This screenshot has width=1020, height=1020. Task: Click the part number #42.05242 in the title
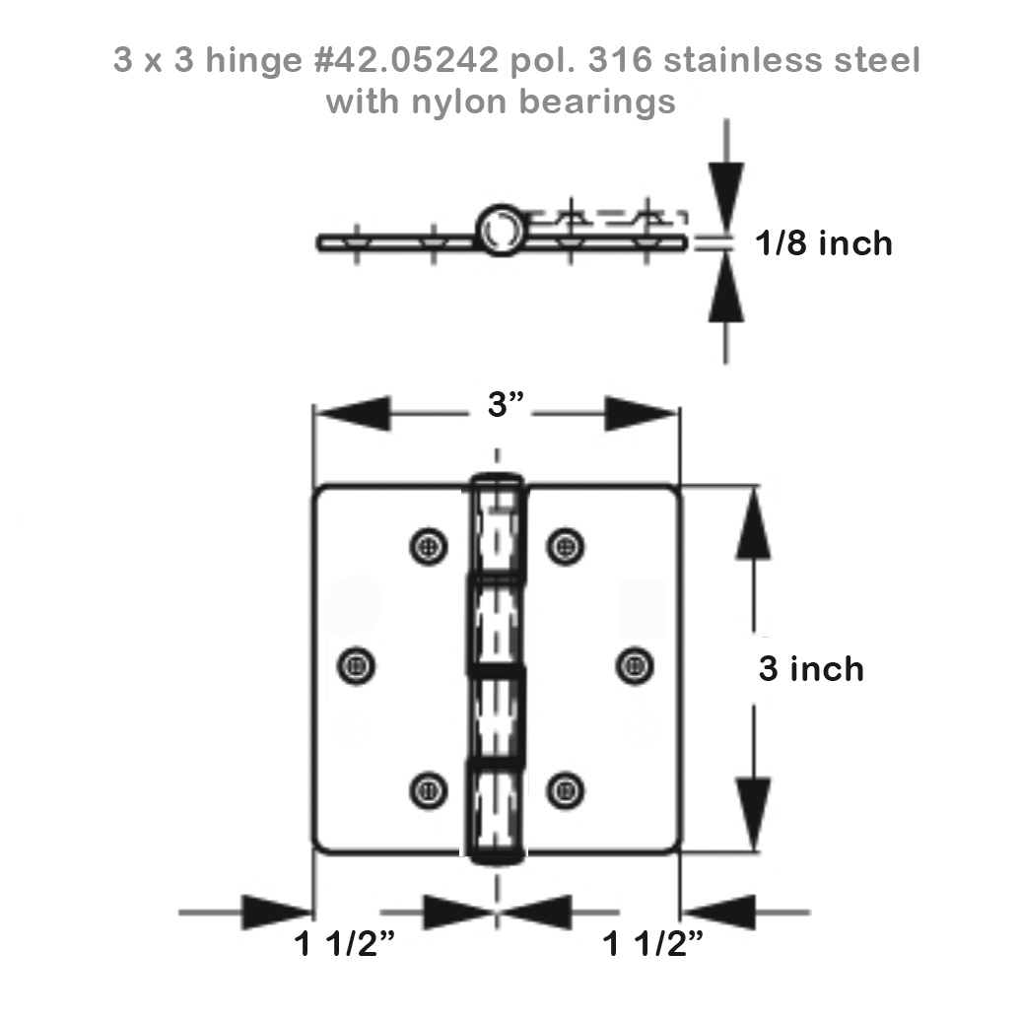click(407, 60)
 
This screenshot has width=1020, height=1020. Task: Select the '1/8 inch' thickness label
click(824, 243)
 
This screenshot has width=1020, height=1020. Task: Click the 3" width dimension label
click(506, 405)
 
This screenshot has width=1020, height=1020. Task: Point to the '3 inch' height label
click(811, 669)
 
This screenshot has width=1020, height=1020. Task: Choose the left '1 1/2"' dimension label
click(344, 944)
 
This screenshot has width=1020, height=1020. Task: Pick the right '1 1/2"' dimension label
click(652, 944)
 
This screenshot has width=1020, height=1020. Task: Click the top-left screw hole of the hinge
click(429, 546)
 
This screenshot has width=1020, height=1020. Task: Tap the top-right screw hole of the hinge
click(565, 546)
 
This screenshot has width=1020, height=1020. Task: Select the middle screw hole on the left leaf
click(357, 666)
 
